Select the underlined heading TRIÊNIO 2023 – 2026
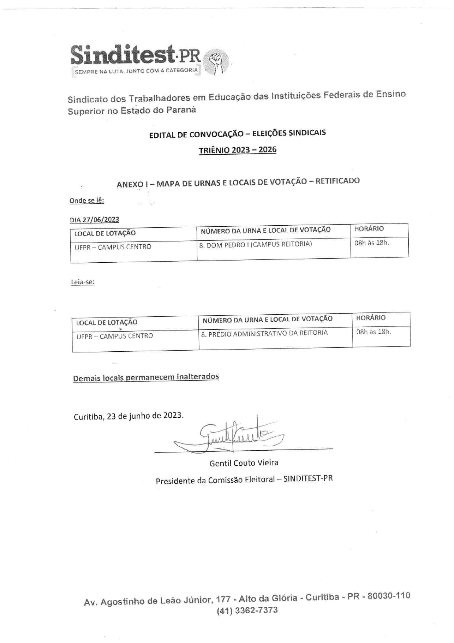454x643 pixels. click(x=238, y=150)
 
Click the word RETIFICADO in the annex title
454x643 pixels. click(x=338, y=181)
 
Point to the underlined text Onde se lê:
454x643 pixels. click(x=87, y=200)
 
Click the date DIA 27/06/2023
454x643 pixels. click(x=94, y=219)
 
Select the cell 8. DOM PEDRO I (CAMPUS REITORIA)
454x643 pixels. click(x=256, y=244)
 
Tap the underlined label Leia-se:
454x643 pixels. click(x=83, y=282)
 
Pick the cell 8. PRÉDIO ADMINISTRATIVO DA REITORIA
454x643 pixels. click(x=264, y=333)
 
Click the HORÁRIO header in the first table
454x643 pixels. click(x=369, y=229)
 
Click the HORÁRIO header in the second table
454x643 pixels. click(x=371, y=318)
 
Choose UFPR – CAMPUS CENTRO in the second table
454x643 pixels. click(x=115, y=336)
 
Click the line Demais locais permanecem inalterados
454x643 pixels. click(x=146, y=377)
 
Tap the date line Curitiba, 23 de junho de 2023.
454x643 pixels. click(x=129, y=416)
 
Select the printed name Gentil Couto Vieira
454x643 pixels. click(x=244, y=463)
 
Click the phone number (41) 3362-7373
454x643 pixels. click(x=247, y=610)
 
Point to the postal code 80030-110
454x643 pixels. click(x=389, y=596)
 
